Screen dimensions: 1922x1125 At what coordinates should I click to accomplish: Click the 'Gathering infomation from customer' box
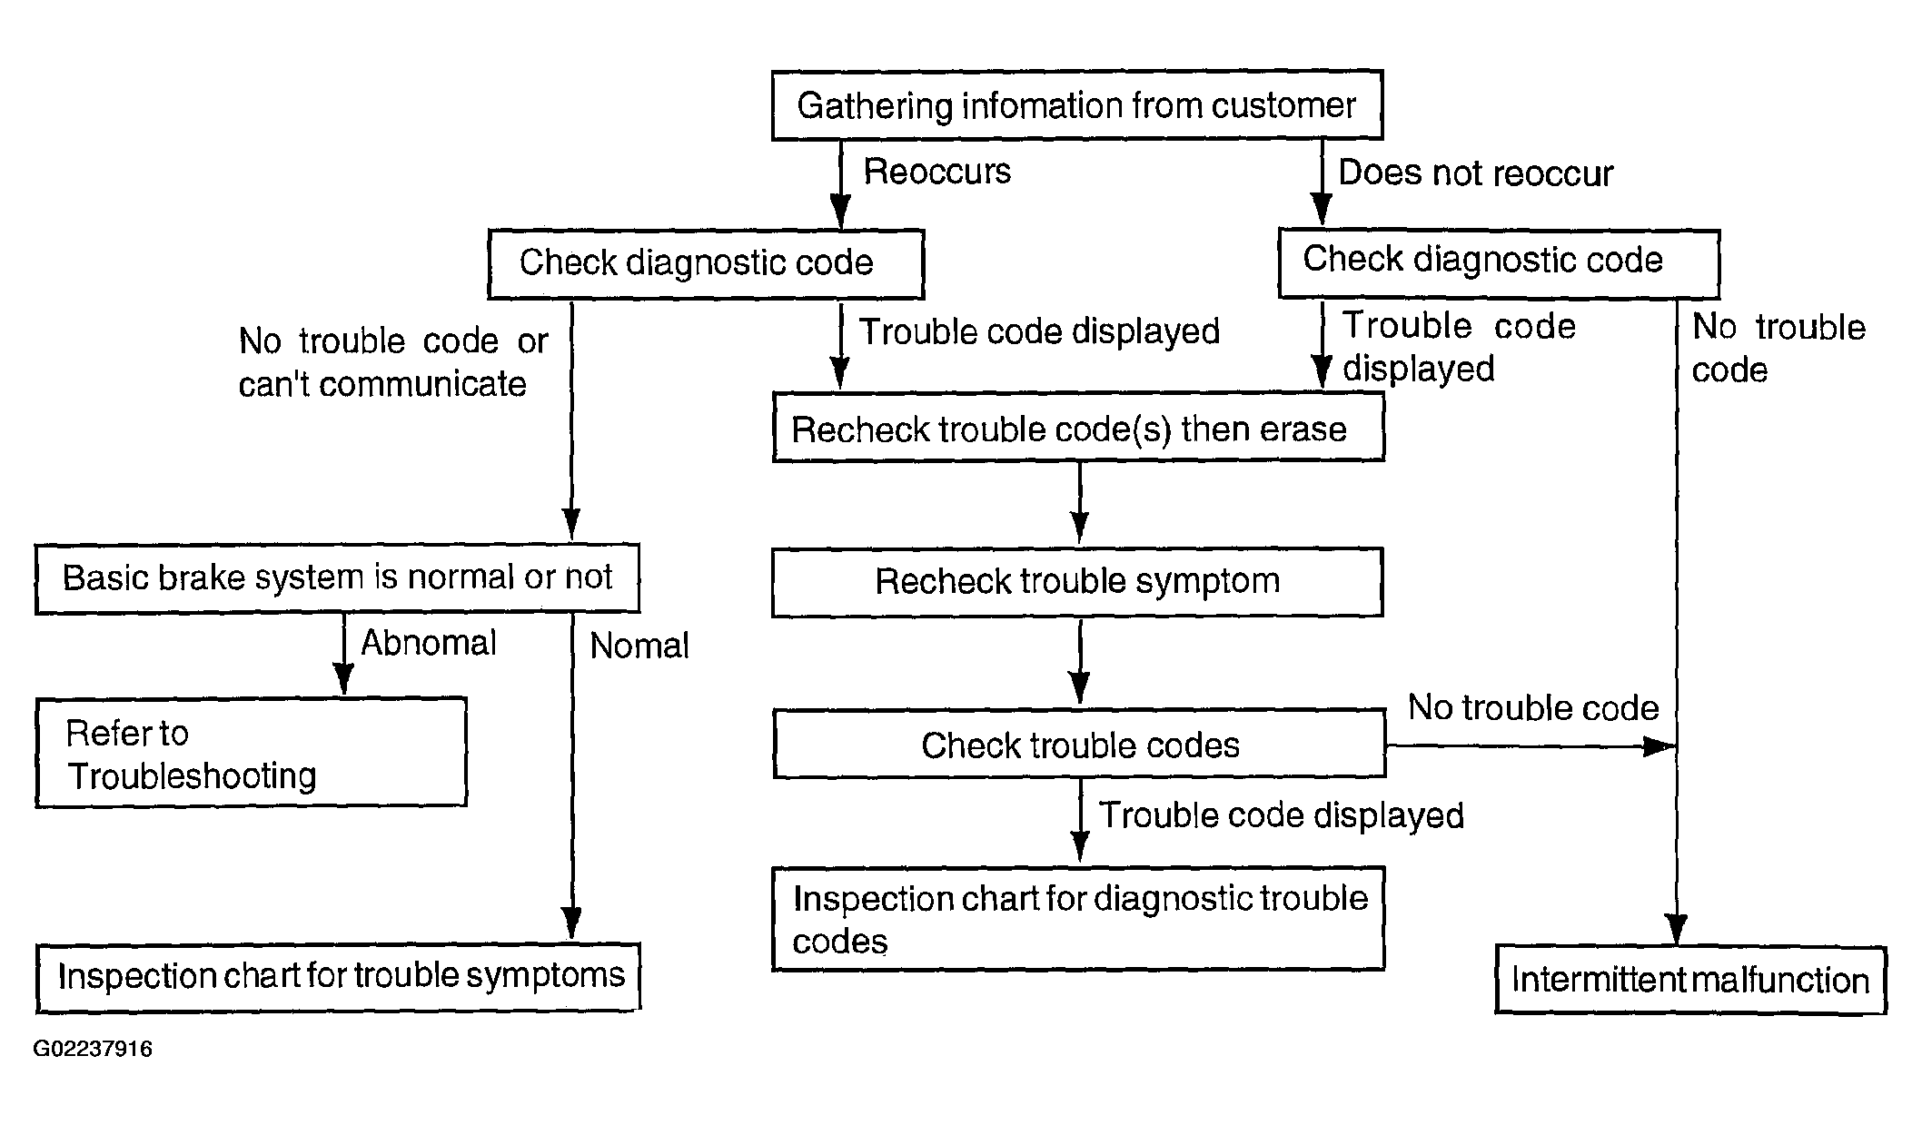click(1077, 105)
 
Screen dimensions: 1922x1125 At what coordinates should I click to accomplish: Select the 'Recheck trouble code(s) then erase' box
click(1078, 428)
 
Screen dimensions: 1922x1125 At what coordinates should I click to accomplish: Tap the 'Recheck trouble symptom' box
click(1077, 582)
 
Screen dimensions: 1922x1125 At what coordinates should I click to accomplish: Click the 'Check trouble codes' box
click(1079, 745)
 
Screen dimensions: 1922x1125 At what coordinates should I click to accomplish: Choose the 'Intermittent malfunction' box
click(1690, 980)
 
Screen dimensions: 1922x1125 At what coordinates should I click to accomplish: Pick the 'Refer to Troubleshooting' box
click(252, 753)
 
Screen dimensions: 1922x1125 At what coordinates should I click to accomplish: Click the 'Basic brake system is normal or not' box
click(337, 578)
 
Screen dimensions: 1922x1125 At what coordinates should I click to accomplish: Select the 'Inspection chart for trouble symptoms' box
click(339, 977)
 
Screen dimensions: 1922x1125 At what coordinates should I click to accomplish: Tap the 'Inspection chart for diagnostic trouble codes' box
click(1078, 919)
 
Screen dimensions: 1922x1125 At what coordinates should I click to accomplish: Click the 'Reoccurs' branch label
click(936, 172)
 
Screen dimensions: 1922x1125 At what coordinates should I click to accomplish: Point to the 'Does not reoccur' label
click(1475, 173)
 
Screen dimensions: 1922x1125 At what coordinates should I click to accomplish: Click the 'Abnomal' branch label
click(429, 643)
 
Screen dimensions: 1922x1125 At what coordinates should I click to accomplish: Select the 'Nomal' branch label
click(639, 646)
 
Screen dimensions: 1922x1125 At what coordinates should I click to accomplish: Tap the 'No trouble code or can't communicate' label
click(392, 362)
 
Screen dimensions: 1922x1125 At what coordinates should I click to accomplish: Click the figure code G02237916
click(93, 1049)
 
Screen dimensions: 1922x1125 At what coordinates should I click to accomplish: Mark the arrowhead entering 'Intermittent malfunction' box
click(1677, 931)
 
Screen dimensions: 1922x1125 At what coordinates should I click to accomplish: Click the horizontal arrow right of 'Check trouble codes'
click(1531, 746)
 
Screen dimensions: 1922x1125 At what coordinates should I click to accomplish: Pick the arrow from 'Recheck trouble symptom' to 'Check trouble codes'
click(1080, 661)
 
